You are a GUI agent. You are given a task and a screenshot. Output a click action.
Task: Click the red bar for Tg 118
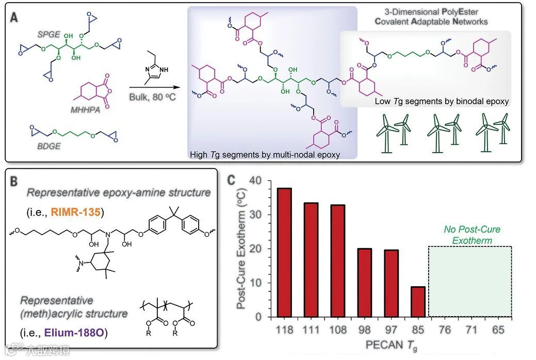pos(284,252)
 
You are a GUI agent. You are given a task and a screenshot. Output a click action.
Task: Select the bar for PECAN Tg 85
pos(417,302)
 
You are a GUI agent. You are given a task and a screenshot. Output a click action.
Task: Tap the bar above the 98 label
pos(364,283)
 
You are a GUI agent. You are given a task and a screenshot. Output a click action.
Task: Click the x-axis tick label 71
pos(470,330)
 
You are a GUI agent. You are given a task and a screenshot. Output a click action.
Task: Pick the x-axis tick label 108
pos(337,330)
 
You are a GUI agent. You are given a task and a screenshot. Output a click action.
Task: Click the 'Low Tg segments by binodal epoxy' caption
pos(442,102)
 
